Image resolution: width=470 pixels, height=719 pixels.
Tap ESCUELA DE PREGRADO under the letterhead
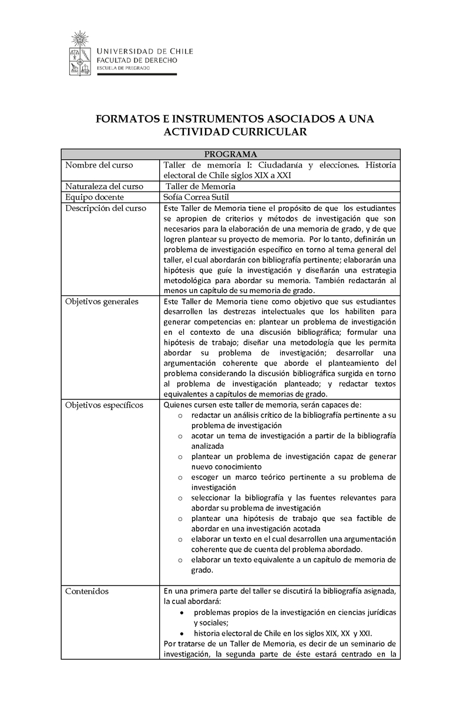click(x=123, y=68)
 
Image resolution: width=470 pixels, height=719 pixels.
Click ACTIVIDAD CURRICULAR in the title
click(x=235, y=132)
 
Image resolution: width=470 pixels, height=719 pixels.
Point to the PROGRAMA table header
click(x=230, y=154)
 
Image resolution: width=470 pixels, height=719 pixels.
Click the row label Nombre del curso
click(x=99, y=165)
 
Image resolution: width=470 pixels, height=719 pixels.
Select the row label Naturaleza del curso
click(x=105, y=186)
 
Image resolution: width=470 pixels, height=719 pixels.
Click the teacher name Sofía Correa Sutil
click(x=197, y=197)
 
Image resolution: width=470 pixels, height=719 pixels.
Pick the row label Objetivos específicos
click(x=104, y=405)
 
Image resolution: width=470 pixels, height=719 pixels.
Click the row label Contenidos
click(x=87, y=591)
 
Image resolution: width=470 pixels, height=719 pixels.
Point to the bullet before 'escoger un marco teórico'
click(x=180, y=477)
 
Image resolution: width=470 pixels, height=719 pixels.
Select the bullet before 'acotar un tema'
click(x=180, y=436)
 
